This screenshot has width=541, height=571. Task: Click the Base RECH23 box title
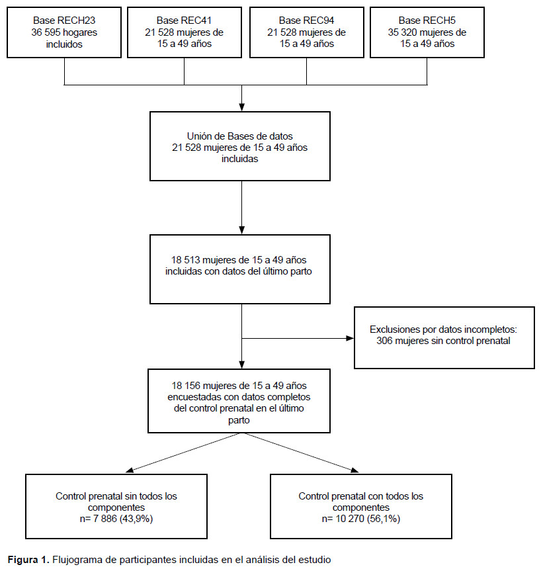[64, 21]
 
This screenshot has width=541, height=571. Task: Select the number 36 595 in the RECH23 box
[46, 32]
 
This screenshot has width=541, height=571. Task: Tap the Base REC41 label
[184, 21]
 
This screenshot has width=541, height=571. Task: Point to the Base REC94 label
[306, 21]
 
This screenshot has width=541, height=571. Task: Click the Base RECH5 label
[427, 21]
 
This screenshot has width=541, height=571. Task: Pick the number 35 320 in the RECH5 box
[402, 32]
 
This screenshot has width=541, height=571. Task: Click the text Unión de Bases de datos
[239, 136]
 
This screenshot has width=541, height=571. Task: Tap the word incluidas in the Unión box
[239, 159]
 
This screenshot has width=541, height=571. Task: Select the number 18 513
[185, 260]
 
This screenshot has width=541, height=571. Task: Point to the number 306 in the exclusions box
[384, 341]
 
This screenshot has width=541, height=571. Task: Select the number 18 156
[186, 386]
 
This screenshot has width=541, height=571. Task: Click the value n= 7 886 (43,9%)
[116, 519]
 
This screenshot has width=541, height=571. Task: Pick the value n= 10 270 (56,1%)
[361, 519]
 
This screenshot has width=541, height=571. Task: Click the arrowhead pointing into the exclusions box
[349, 338]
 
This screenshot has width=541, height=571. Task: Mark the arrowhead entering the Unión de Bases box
[242, 107]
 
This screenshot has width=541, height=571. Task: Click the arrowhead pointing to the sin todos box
[130, 470]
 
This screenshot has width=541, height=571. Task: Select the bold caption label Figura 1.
[28, 559]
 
